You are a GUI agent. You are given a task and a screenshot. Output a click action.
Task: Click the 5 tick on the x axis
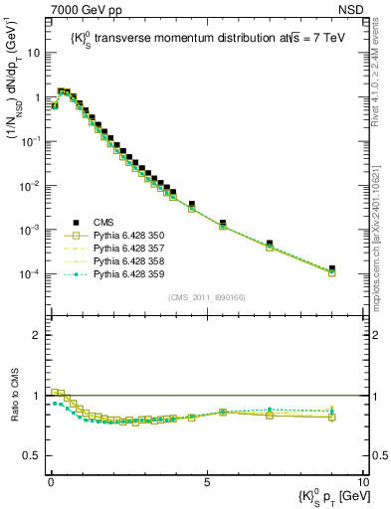206,480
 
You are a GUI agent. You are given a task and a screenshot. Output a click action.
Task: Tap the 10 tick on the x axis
363,480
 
